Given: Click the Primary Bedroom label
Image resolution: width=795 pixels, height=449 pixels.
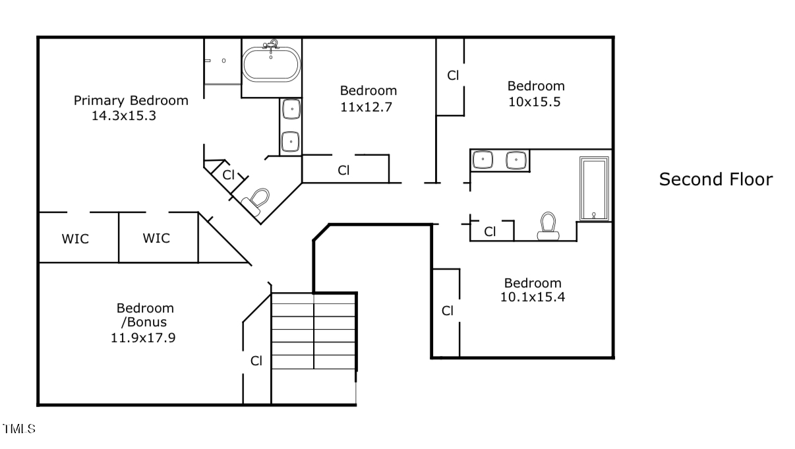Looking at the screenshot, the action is (131, 100).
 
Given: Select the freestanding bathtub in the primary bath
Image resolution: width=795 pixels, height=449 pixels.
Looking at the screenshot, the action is (272, 63).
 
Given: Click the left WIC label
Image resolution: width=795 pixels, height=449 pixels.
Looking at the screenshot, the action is (75, 239).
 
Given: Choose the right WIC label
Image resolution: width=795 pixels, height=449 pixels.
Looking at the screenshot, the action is (156, 238).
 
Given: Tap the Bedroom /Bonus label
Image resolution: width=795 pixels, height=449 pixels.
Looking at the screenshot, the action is (145, 315).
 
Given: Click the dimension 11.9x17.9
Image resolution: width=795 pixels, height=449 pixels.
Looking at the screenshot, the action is (145, 338).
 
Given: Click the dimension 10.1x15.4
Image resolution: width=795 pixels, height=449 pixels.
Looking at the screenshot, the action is (533, 297).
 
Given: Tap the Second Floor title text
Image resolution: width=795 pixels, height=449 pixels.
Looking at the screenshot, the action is (715, 179).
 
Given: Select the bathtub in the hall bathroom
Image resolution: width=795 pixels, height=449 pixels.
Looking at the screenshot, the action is (594, 189).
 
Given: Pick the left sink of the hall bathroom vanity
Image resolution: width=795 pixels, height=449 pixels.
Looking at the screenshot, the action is (484, 160).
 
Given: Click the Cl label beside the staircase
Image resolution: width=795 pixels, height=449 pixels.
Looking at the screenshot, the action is (256, 361).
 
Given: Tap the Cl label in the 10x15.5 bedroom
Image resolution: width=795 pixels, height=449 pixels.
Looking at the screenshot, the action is (453, 75).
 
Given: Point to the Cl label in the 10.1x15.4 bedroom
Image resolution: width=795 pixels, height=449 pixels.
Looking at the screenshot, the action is (448, 311).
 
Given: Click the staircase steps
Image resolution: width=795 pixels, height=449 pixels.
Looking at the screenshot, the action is (313, 330).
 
